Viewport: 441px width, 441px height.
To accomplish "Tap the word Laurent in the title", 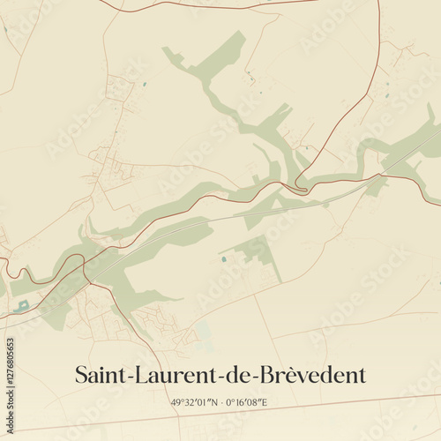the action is [171, 375].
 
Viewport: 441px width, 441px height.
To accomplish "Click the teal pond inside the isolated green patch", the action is [223, 259].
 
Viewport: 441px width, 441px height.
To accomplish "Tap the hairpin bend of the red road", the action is [302, 184].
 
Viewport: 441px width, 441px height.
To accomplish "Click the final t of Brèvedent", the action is [361, 376].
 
